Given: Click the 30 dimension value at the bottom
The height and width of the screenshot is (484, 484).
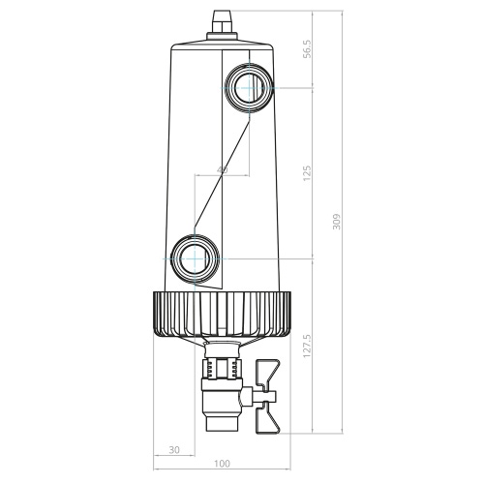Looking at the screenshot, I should point(174,450).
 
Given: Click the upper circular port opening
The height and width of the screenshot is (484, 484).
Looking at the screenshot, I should point(250,89).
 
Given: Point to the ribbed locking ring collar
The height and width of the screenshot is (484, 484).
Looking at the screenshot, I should point(224,314).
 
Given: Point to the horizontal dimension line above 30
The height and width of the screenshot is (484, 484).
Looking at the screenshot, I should point(175,459).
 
